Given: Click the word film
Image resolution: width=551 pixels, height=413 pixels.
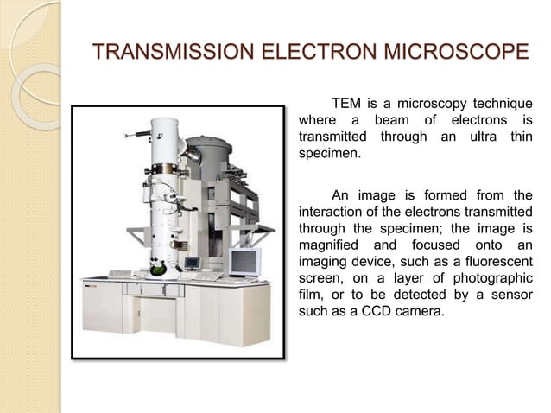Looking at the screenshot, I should [310, 296].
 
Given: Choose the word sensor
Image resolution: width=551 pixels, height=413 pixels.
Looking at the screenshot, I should [510, 296].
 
